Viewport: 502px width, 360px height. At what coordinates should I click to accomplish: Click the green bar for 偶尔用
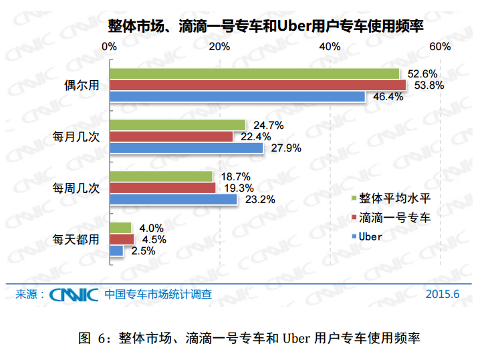(255, 73)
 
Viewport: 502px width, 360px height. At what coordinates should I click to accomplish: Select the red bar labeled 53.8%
(258, 85)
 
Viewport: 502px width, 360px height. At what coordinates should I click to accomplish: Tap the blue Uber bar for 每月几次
(186, 148)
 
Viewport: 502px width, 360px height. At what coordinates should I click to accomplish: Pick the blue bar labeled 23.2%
(173, 199)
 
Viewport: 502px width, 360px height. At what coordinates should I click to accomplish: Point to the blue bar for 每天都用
(116, 250)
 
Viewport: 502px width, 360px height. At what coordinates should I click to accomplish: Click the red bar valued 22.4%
(171, 136)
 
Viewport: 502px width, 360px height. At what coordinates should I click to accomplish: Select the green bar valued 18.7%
(161, 176)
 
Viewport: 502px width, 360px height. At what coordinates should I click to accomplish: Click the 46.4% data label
(386, 97)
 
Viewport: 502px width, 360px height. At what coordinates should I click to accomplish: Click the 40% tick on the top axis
(329, 47)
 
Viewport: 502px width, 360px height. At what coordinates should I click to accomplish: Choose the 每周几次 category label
(76, 188)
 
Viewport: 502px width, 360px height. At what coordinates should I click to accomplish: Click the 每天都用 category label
(76, 239)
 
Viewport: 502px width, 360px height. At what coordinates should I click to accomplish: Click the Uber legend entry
(370, 236)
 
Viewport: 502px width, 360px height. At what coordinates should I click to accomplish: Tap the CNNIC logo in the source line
(74, 294)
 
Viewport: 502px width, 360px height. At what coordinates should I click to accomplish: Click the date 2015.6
(443, 294)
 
